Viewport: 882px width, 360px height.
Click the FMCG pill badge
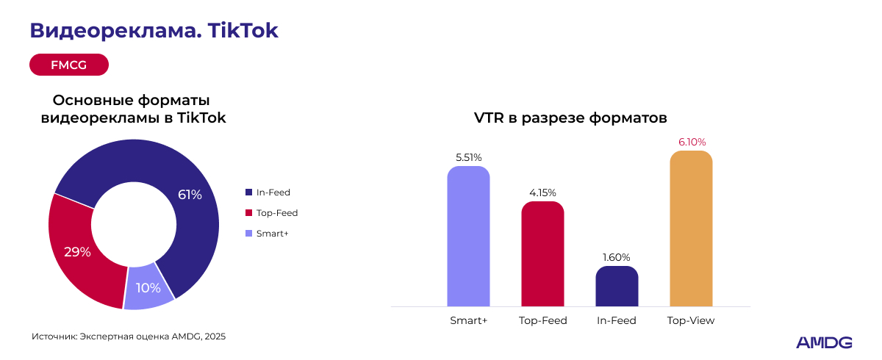tap(69, 65)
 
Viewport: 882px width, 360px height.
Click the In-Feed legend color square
tap(248, 192)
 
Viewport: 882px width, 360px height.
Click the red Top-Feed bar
tap(542, 254)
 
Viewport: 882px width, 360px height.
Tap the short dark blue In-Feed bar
tap(617, 287)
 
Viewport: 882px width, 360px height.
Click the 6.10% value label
tap(691, 142)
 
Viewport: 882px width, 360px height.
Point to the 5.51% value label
tap(468, 157)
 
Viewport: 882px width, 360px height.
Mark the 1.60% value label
tap(617, 257)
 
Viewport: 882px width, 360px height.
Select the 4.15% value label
tap(542, 192)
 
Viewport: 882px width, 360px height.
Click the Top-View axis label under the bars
tap(691, 321)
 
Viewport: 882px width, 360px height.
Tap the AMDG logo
tap(824, 342)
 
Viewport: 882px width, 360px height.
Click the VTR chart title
tap(570, 118)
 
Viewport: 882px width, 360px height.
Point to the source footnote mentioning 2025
tap(129, 336)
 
